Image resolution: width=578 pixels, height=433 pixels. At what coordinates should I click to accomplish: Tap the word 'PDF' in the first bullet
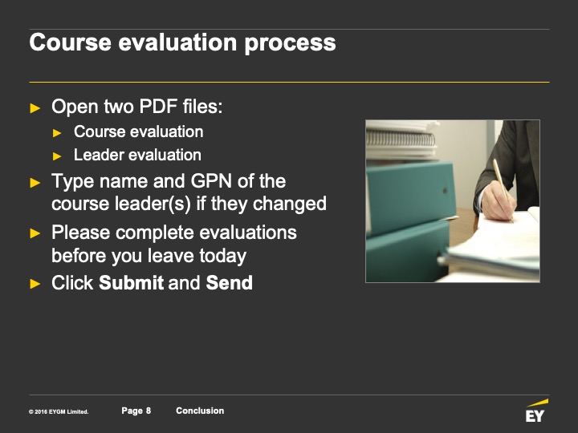[158, 107]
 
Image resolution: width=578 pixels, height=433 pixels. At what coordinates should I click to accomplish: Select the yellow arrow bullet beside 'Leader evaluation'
[57, 156]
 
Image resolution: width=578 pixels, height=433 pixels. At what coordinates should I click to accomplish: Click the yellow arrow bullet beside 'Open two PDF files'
[35, 108]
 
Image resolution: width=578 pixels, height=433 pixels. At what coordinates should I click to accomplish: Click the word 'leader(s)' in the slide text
[153, 204]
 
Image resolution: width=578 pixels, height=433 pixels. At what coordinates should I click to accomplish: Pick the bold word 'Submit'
[131, 283]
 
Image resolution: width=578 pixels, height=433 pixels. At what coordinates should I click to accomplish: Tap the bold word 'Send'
[230, 283]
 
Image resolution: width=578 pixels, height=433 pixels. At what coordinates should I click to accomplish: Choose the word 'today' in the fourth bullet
[223, 257]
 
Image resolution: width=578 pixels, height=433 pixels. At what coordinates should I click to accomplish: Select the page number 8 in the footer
[149, 411]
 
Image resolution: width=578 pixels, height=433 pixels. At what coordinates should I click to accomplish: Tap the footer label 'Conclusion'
[200, 411]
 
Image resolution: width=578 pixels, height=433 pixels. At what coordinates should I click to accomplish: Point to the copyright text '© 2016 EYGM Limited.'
[59, 411]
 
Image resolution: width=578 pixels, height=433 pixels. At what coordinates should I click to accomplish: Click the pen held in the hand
[503, 190]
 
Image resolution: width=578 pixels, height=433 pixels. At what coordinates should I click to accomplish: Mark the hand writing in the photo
[498, 200]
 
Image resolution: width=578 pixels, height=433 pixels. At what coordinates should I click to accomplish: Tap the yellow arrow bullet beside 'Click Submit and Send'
[35, 284]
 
